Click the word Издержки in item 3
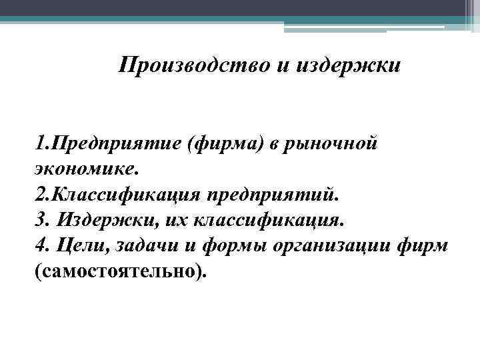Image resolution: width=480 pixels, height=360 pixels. [x=99, y=221]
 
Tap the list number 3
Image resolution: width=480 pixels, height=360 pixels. [x=37, y=221]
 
